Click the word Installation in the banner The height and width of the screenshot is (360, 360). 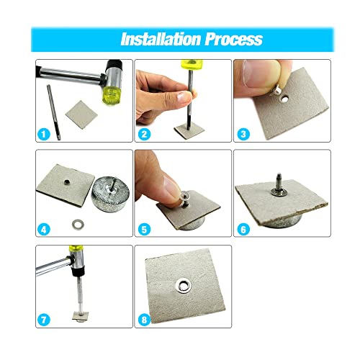point(161,39)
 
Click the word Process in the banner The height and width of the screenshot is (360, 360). point(234,39)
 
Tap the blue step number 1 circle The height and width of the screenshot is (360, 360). point(44,134)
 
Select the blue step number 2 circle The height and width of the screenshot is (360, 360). point(144,134)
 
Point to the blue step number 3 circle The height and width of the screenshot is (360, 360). point(243,134)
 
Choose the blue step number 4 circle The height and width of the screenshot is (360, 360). point(44,230)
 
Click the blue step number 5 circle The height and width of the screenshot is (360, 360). point(144,230)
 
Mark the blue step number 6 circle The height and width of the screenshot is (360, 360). point(243,230)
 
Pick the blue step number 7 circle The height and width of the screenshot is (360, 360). point(44,320)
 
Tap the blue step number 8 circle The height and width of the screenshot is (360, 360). point(144,320)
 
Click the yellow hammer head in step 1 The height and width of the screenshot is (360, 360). point(112,94)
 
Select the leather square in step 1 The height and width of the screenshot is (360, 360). point(81,114)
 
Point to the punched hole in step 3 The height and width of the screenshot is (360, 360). point(285,98)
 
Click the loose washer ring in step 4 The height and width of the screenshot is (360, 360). point(78,224)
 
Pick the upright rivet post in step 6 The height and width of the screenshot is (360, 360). point(279,184)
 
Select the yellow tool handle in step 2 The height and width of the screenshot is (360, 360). point(192,64)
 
